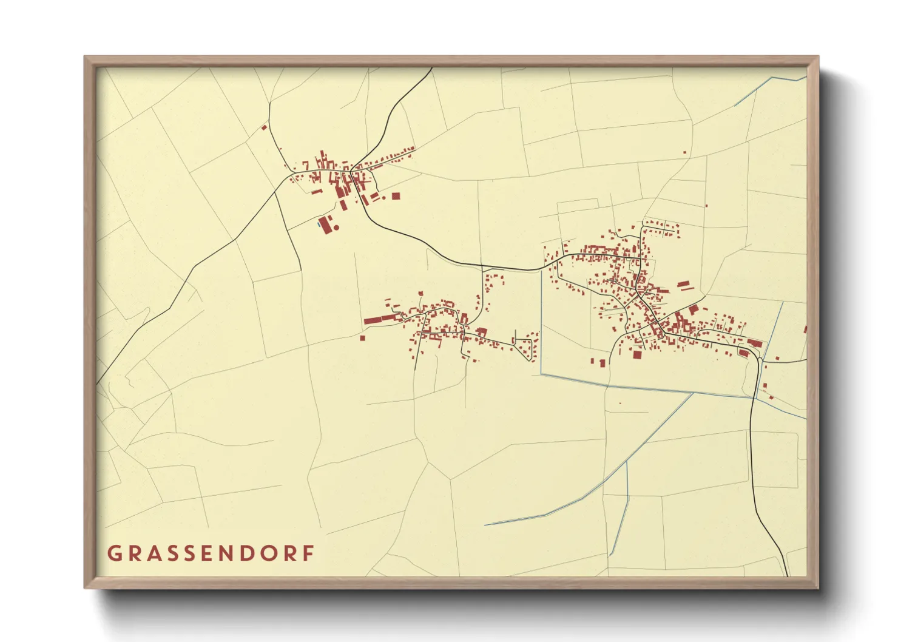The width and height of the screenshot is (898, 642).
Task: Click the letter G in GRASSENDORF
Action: tap(113, 553)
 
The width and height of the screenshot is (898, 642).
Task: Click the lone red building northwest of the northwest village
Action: tap(264, 127)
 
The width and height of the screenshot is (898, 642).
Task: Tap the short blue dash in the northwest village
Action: tap(318, 223)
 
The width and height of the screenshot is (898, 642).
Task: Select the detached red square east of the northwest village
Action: tap(396, 196)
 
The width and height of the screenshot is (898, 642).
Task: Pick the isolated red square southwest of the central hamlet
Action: tap(363, 337)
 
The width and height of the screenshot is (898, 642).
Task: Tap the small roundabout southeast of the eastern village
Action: tap(759, 360)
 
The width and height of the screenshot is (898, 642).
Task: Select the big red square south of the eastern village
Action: tap(637, 354)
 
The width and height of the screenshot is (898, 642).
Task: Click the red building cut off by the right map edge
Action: tap(805, 329)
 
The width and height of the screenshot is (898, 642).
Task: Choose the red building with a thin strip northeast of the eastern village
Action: tap(683, 283)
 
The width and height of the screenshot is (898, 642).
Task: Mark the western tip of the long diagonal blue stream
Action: tap(485, 524)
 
